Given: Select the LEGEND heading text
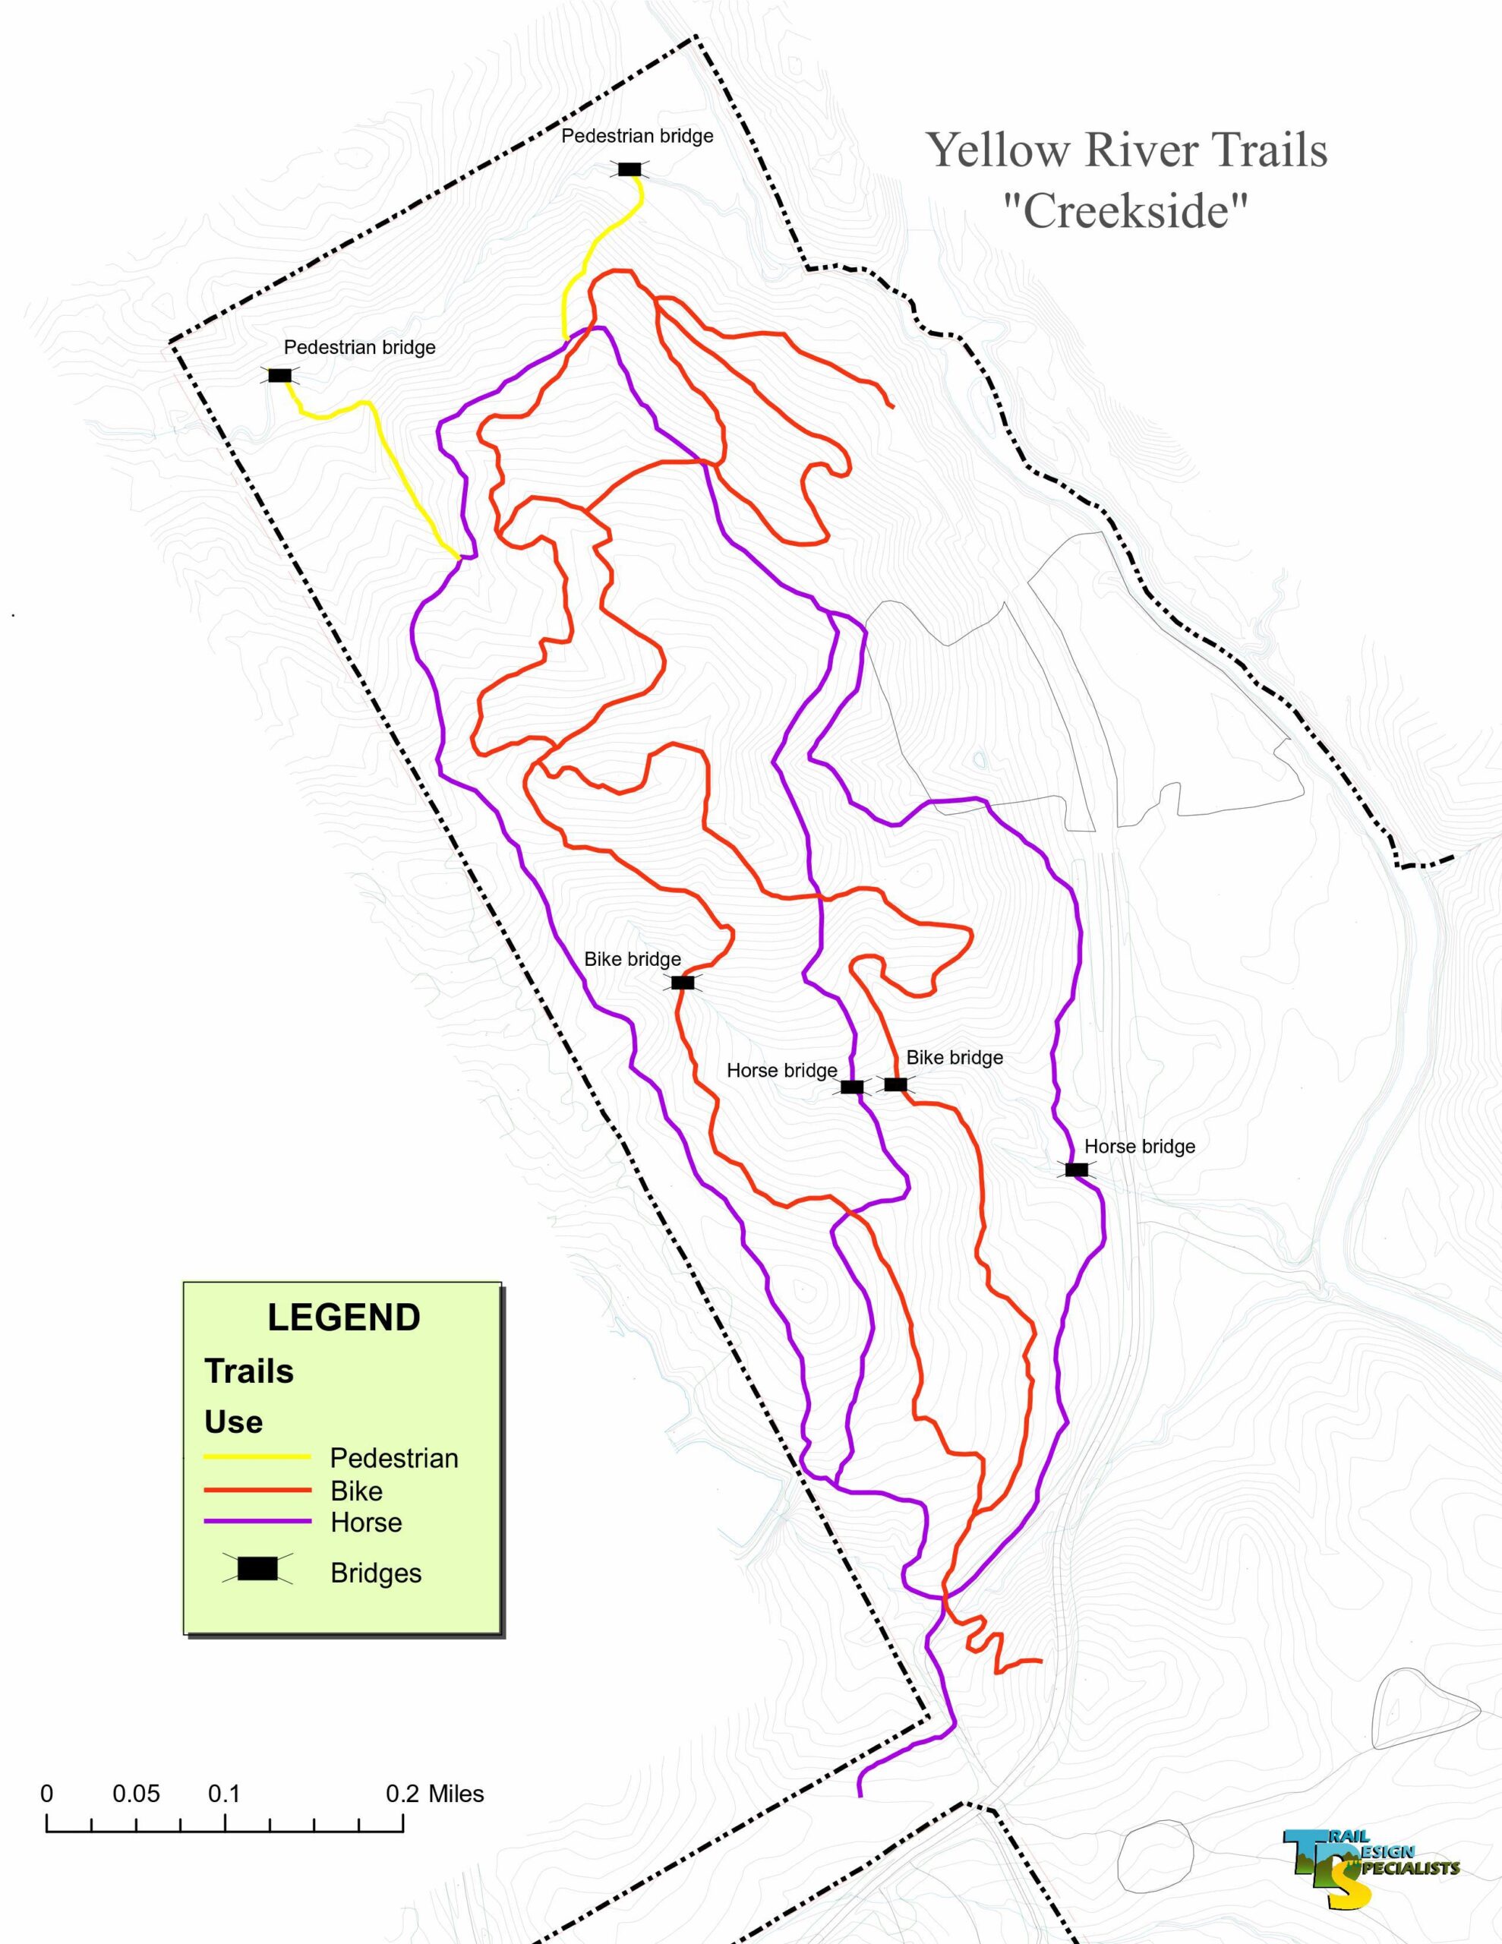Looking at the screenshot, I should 344,1318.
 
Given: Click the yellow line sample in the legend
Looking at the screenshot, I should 257,1457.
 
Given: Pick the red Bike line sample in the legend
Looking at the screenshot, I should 257,1490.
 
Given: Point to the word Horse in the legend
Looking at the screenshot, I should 366,1522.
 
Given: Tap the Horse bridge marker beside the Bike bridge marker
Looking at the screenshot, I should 852,1087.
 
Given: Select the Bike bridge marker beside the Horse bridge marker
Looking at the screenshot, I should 896,1084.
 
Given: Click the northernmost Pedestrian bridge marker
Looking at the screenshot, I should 630,169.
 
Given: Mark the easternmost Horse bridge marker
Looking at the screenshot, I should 1077,1169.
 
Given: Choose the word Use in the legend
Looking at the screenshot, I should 233,1422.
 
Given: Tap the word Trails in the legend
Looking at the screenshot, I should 249,1371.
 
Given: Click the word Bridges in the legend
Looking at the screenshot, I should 376,1573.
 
